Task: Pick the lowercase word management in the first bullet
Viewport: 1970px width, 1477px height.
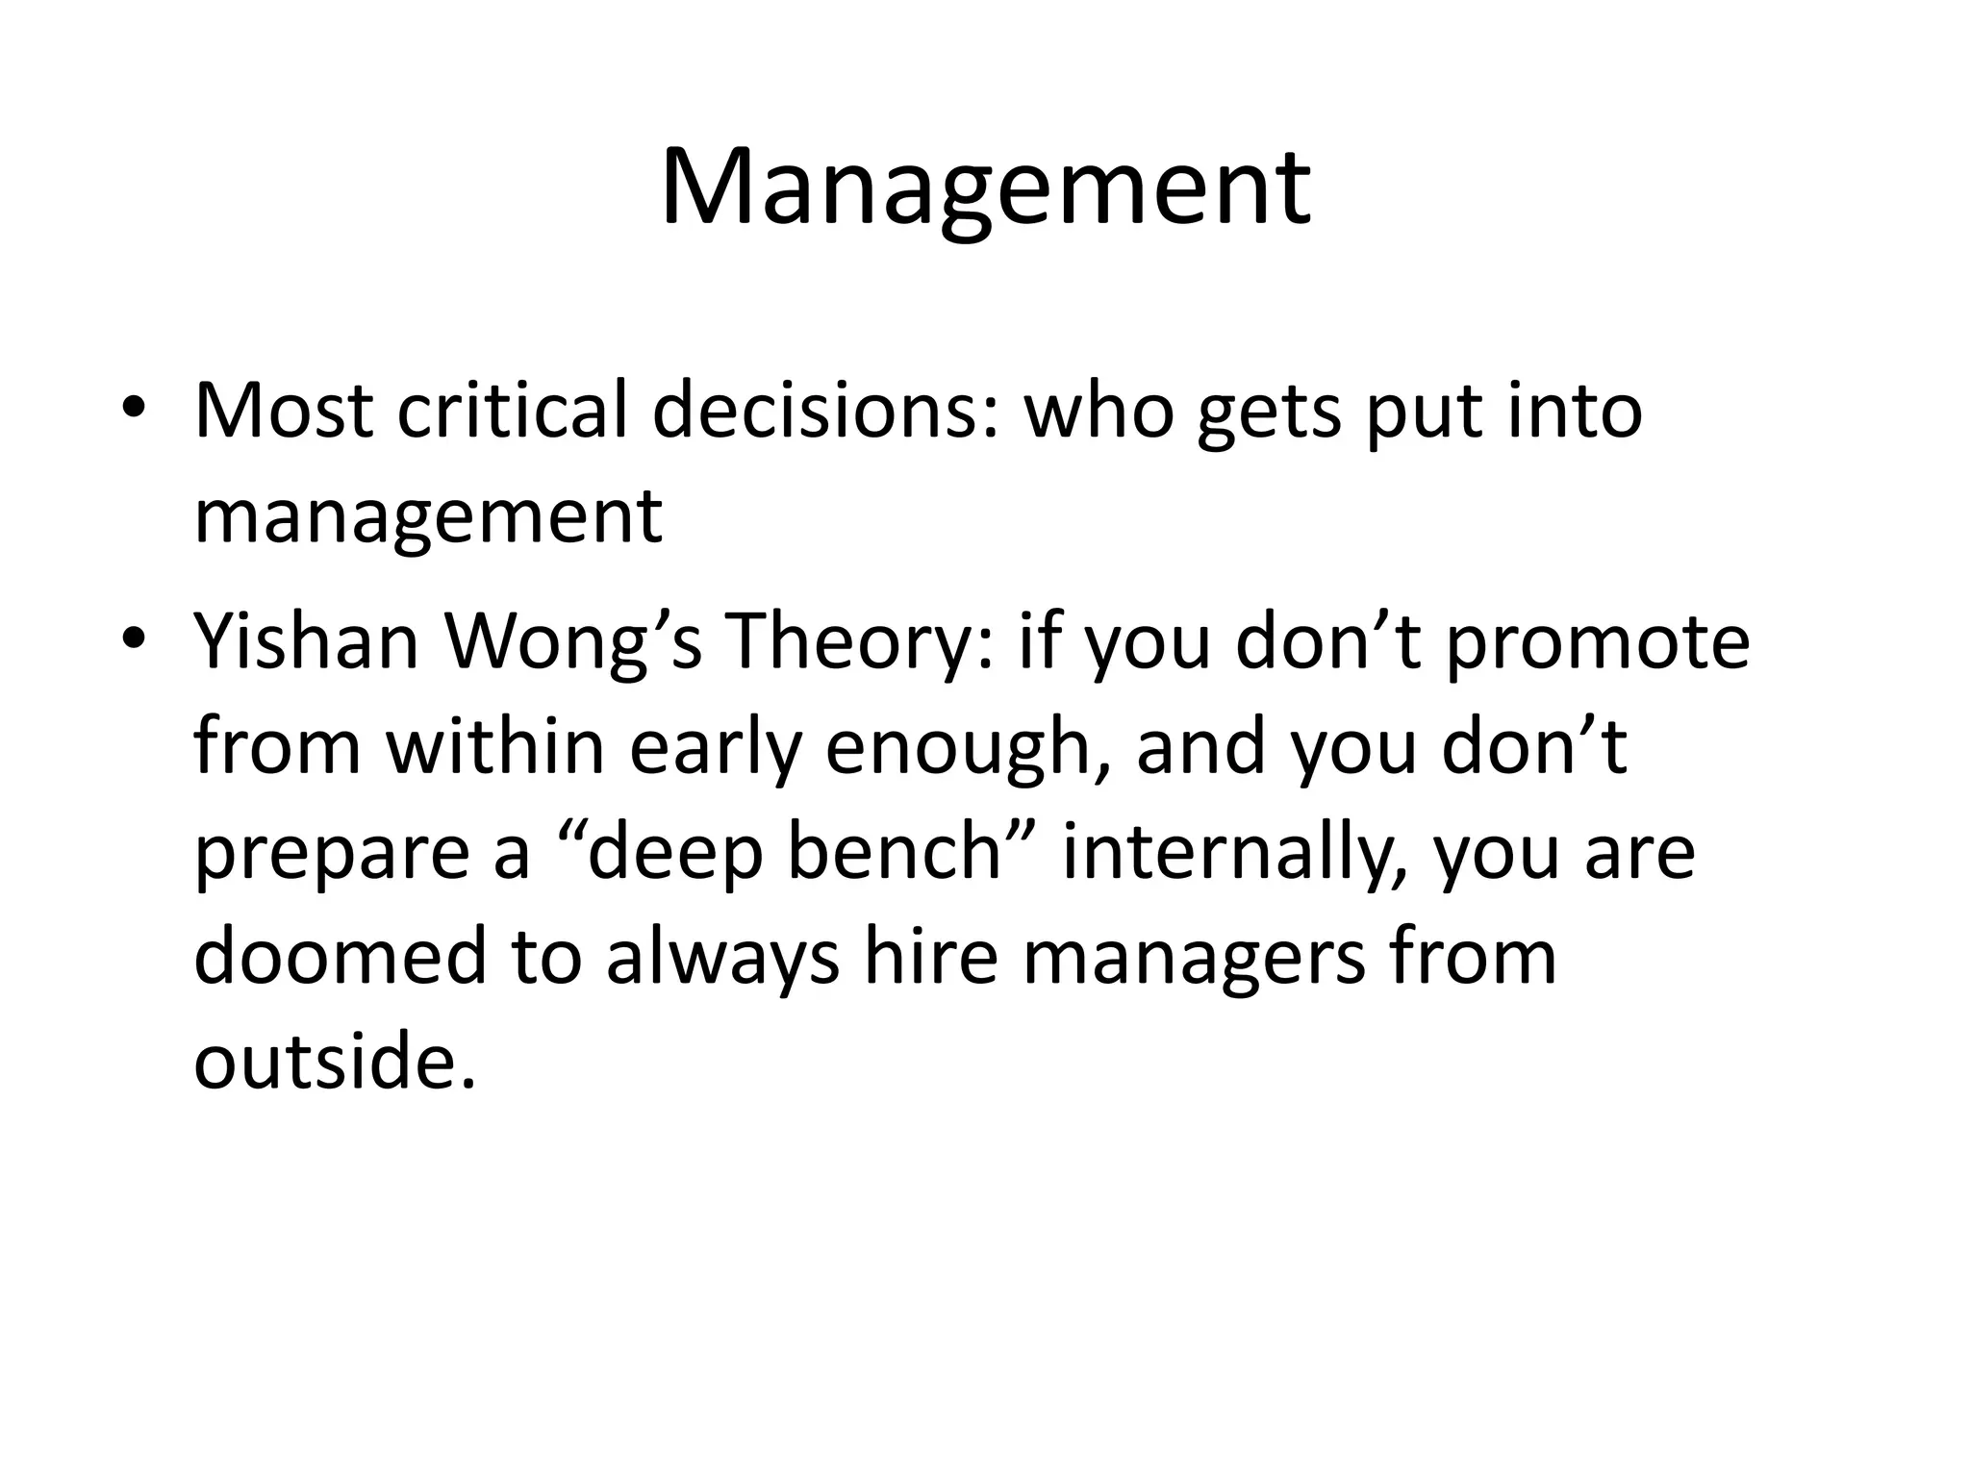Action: [x=428, y=517]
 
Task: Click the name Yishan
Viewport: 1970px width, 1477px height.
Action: [x=307, y=641]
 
